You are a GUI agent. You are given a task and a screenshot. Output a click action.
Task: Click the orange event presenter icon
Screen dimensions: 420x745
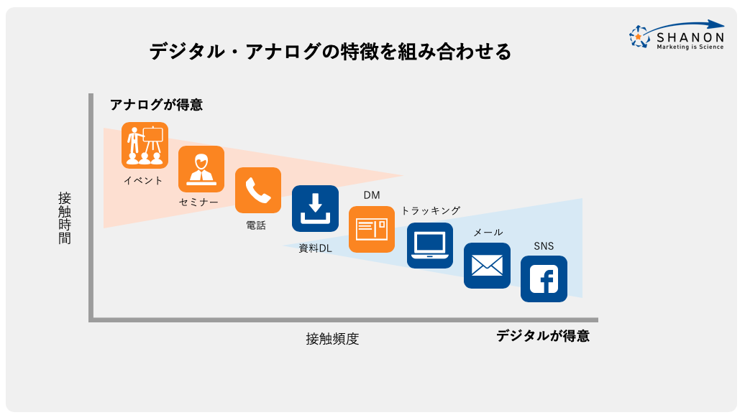(x=145, y=145)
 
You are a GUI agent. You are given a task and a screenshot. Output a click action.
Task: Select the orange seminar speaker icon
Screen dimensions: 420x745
(x=201, y=169)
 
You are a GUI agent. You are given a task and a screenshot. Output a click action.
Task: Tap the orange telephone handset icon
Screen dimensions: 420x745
(x=258, y=190)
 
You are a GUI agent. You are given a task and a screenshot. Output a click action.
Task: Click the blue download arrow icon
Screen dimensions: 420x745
(x=315, y=208)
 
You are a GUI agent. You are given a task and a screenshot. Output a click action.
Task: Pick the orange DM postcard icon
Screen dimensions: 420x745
(x=372, y=229)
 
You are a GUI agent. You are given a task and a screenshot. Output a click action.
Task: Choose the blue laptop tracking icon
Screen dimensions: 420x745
(x=430, y=246)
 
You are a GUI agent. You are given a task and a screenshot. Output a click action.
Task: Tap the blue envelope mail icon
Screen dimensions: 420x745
(x=487, y=266)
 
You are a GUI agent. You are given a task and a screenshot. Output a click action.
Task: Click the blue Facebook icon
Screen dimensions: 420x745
(x=544, y=279)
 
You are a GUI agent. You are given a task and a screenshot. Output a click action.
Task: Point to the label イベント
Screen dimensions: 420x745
(x=143, y=180)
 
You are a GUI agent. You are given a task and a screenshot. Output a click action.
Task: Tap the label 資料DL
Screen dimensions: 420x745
(x=315, y=248)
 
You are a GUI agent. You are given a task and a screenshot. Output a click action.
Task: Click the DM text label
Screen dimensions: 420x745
(x=371, y=195)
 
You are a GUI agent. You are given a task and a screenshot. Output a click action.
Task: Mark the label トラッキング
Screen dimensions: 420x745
(x=430, y=210)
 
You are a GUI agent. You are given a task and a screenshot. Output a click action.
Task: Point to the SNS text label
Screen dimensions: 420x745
(x=544, y=246)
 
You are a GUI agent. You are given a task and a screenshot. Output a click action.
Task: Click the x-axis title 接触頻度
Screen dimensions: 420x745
(x=332, y=339)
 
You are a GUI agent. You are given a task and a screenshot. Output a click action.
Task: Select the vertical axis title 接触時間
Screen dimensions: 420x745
(x=65, y=218)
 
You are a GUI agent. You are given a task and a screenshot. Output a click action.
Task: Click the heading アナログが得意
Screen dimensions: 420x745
(x=156, y=105)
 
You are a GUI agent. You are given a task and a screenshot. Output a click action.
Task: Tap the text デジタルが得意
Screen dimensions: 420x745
(x=542, y=335)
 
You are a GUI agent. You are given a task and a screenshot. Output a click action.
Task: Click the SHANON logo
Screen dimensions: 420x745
(x=677, y=35)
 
